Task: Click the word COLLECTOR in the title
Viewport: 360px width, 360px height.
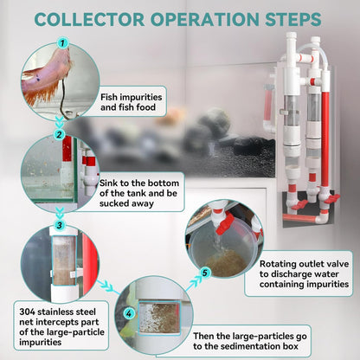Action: point(89,19)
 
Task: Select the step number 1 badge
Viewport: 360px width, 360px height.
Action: point(62,43)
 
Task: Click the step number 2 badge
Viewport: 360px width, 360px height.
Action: point(60,134)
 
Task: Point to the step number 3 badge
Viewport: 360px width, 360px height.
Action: point(60,225)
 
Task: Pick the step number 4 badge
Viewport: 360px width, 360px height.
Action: point(129,313)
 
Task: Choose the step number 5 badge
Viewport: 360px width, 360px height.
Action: point(204,273)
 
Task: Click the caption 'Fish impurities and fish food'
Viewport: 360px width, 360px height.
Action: point(131,102)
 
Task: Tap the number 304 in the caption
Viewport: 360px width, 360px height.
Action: point(27,312)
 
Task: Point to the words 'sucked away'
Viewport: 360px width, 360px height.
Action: point(126,203)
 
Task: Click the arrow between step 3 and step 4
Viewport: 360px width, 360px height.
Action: point(106,286)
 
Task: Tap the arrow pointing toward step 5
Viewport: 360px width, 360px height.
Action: point(193,283)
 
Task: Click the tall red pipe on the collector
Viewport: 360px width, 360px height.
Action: point(325,138)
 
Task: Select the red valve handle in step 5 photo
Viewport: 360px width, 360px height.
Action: point(225,223)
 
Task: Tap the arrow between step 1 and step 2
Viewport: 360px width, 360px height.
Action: point(60,123)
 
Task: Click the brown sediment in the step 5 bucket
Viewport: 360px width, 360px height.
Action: point(226,262)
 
